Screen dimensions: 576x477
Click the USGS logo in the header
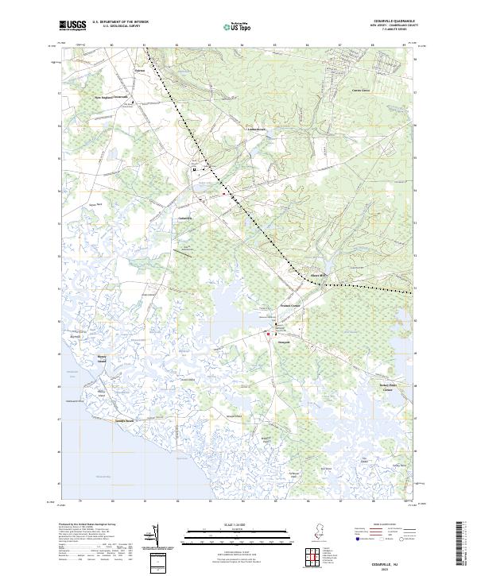tap(72, 25)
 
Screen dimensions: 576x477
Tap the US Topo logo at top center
tap(231, 26)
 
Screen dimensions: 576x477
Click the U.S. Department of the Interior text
tap(120, 22)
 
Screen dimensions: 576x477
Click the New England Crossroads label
tap(111, 98)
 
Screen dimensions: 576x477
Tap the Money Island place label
tap(102, 359)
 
